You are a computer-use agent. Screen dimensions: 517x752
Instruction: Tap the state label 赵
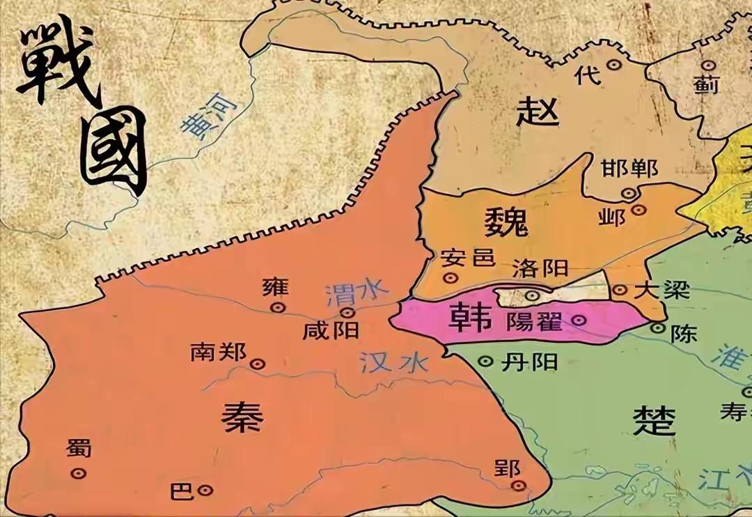(538, 111)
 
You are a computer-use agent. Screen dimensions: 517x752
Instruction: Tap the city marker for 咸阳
(348, 312)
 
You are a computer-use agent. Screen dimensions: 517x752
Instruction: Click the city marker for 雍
(279, 307)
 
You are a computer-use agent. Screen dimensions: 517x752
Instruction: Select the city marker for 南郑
(257, 363)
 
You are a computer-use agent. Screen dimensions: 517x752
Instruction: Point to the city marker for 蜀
(79, 473)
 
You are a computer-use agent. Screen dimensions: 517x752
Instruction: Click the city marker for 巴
(205, 490)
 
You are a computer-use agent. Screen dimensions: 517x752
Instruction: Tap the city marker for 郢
(517, 486)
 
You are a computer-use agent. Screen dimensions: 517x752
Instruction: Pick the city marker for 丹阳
(487, 361)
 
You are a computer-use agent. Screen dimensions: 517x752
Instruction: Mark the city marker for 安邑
(451, 278)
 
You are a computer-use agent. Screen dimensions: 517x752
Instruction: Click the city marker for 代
(613, 64)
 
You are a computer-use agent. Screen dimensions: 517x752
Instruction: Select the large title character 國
(113, 151)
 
